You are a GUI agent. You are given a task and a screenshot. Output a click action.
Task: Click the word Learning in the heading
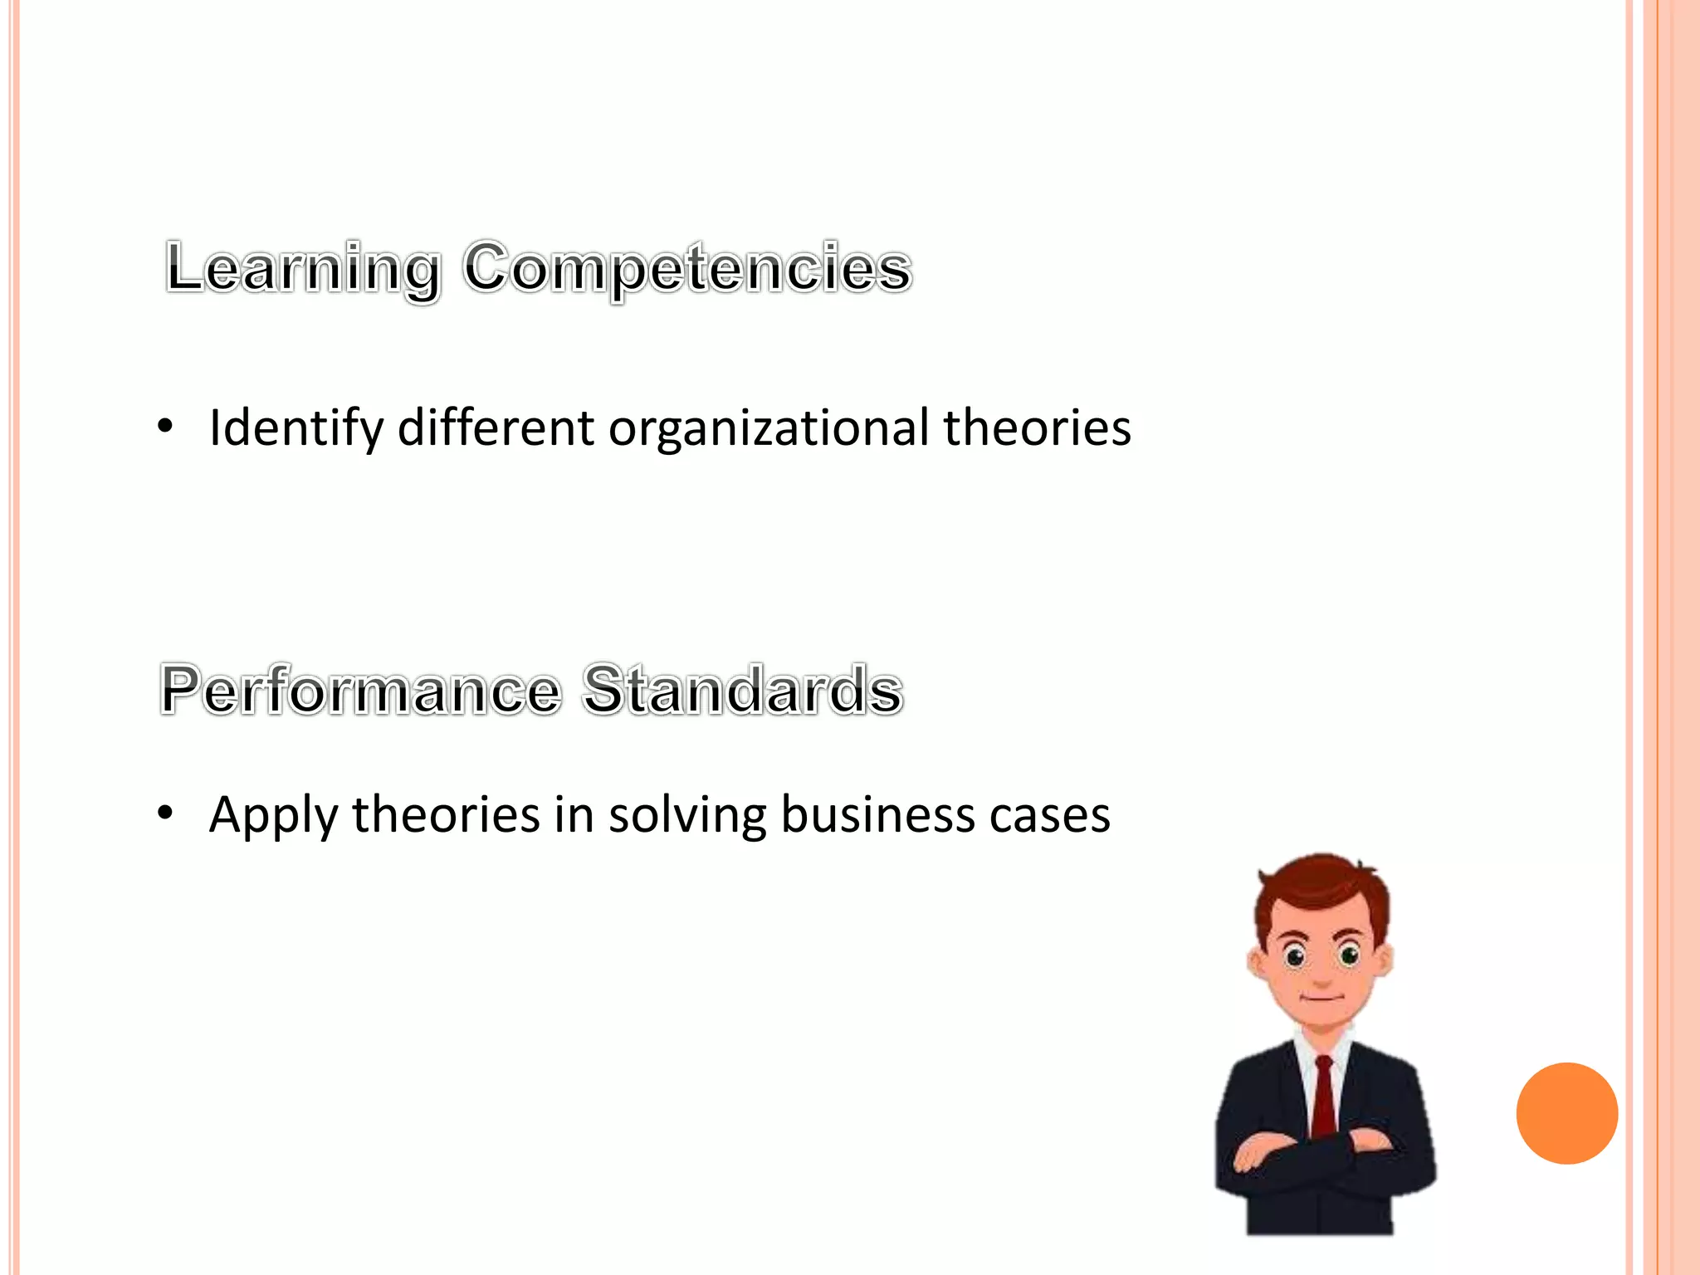pos(303,269)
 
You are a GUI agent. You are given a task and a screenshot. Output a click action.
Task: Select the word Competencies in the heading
pos(687,269)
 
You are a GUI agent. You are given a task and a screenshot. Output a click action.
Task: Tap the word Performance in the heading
pos(360,691)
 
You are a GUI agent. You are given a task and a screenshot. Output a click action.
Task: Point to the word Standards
pos(742,691)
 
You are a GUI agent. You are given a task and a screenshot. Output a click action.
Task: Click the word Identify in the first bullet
pos(296,428)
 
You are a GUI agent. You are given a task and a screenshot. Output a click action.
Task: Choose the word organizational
pos(769,428)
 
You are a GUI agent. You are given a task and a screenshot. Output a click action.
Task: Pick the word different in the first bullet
pos(496,428)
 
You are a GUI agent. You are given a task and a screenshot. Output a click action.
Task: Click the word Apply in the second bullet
pos(273,815)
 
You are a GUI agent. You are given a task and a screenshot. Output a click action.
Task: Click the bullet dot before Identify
pos(166,427)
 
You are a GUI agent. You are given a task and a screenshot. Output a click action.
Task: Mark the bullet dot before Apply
pos(166,813)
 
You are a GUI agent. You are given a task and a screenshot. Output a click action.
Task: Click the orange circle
pos(1566,1113)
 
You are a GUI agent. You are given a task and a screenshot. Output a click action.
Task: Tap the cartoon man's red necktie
pos(1323,1096)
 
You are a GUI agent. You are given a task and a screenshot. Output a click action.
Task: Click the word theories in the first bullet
pos(1037,428)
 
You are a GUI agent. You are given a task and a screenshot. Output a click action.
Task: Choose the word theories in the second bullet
pos(446,815)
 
